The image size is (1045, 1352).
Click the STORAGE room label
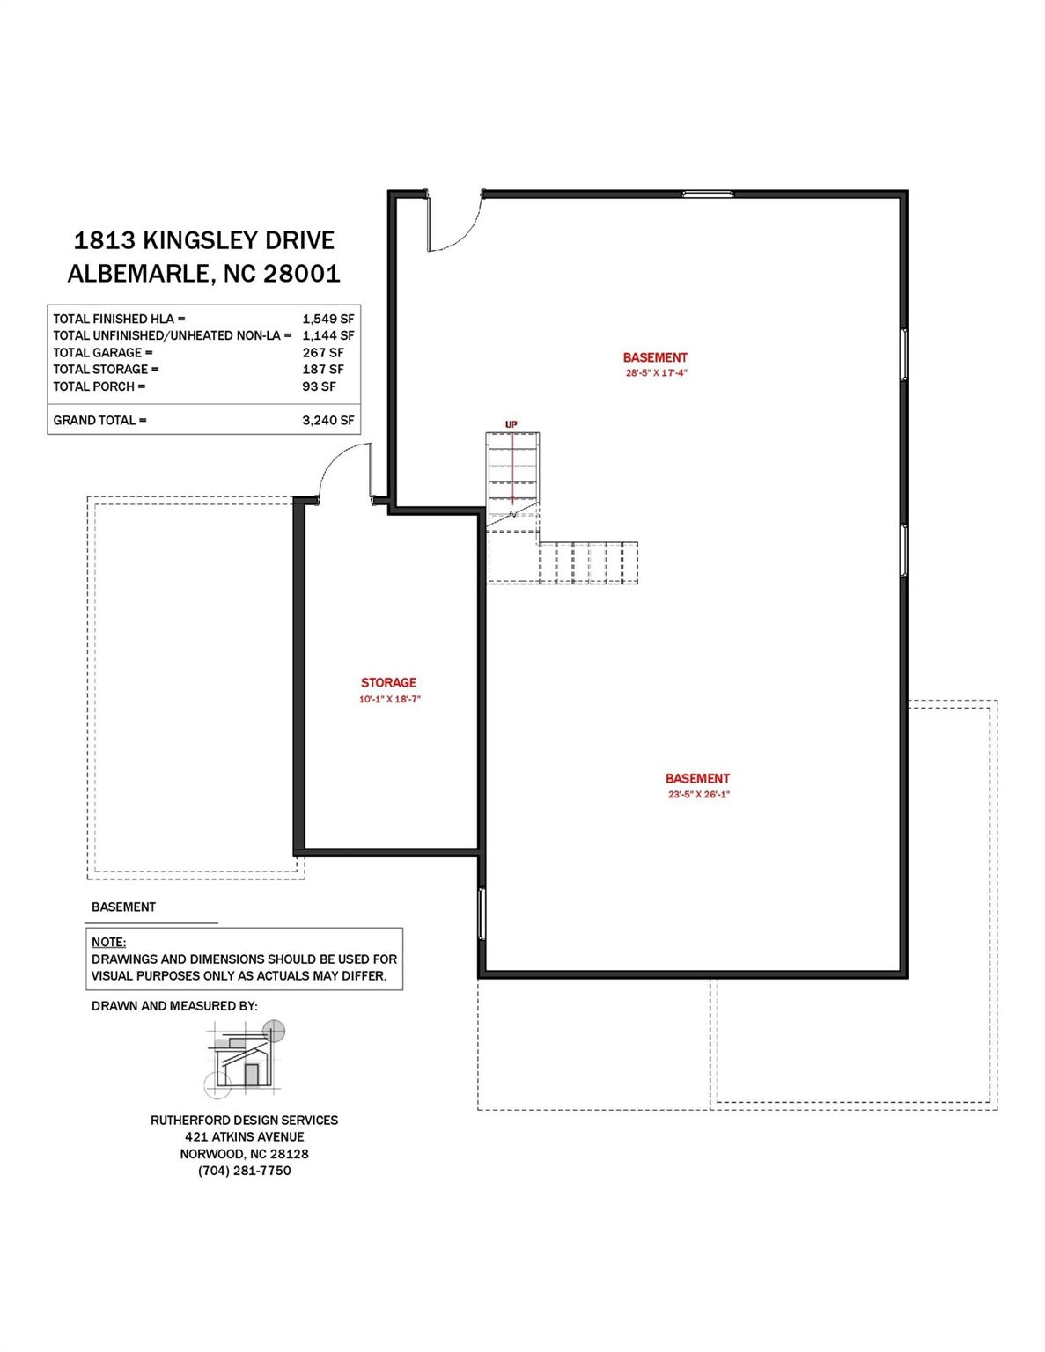(x=388, y=682)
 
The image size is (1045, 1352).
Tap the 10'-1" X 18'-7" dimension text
(x=388, y=700)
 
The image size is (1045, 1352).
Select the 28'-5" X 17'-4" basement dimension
(x=655, y=373)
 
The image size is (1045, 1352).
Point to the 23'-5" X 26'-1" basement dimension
(x=698, y=795)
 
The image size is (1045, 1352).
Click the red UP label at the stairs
(x=511, y=424)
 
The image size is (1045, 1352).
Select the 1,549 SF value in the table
(x=327, y=319)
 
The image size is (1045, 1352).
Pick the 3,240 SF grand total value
(x=327, y=420)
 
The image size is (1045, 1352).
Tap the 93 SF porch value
(x=319, y=386)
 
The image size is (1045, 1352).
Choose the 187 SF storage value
(x=322, y=370)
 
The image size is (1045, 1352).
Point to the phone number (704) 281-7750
(x=244, y=1171)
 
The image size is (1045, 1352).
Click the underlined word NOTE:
(x=108, y=942)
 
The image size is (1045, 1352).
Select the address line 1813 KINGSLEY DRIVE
(x=204, y=240)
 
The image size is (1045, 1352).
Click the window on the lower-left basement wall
(x=482, y=914)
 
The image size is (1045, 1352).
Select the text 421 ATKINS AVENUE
(x=244, y=1137)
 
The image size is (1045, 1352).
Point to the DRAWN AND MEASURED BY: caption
(x=174, y=1006)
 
